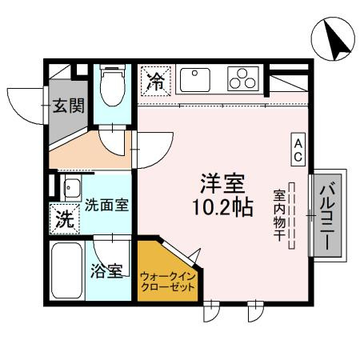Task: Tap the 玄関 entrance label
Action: tap(67, 106)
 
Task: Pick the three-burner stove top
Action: tap(241, 79)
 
